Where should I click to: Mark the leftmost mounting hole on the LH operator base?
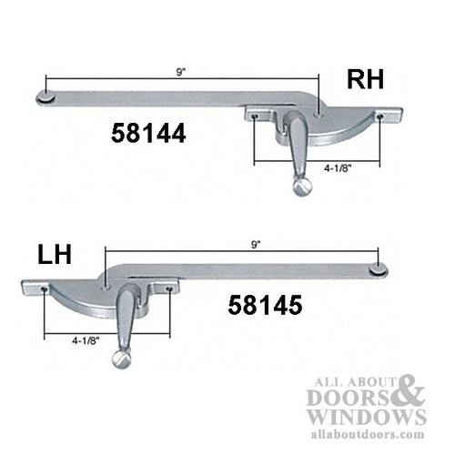coord(45,288)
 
